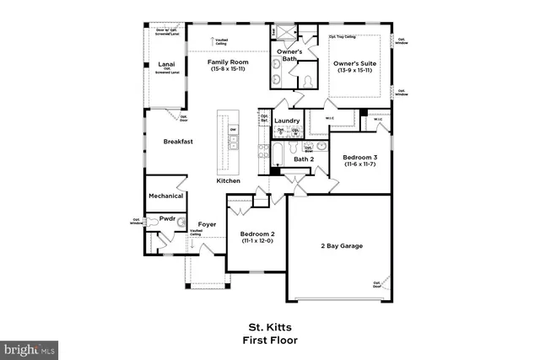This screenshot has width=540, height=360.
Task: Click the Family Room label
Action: pyautogui.click(x=228, y=62)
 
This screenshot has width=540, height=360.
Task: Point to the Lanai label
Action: pyautogui.click(x=166, y=64)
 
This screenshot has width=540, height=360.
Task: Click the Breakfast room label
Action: pyautogui.click(x=178, y=142)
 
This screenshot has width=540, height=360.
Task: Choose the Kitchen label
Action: pyautogui.click(x=229, y=181)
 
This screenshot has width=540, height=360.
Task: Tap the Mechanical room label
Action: pyautogui.click(x=166, y=196)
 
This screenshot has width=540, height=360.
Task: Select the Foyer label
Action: pyautogui.click(x=208, y=225)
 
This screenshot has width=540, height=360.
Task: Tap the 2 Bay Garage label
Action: pyautogui.click(x=341, y=245)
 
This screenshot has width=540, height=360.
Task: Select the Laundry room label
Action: pyautogui.click(x=288, y=121)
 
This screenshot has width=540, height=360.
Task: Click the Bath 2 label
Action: pyautogui.click(x=304, y=159)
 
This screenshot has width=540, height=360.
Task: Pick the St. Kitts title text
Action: pyautogui.click(x=269, y=328)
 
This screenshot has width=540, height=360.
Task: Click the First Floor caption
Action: pyautogui.click(x=269, y=341)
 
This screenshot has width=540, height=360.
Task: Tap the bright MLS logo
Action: pyautogui.click(x=30, y=347)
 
